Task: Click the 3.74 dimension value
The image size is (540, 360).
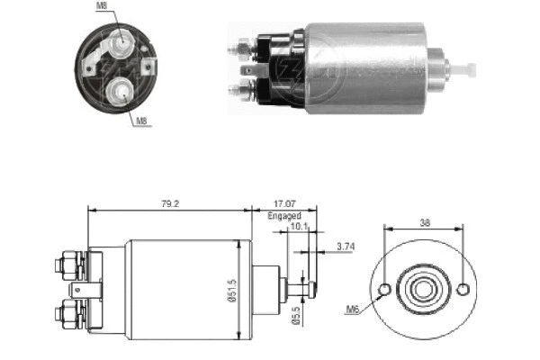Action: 345,246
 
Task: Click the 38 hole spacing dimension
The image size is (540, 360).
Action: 423,221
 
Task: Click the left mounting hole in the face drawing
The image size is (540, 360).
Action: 384,290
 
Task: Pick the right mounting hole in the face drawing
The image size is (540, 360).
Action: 463,290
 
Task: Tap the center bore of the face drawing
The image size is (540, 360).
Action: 423,290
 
